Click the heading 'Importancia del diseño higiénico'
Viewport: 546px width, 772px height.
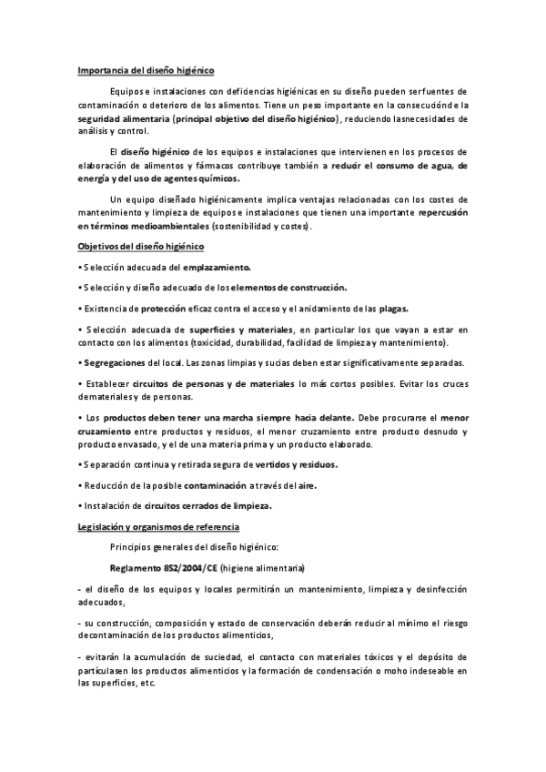(146, 69)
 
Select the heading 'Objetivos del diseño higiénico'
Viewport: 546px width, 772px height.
(141, 248)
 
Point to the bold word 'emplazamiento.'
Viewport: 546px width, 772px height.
(217, 268)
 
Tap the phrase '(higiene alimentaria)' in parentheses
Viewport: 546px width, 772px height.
(264, 568)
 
